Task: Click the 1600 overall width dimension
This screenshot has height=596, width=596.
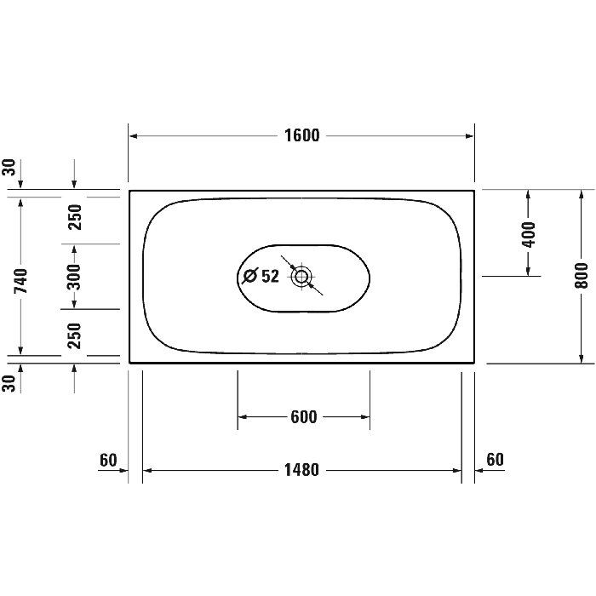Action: click(302, 135)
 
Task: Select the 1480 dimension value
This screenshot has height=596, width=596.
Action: click(301, 470)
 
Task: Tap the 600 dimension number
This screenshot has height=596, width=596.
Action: click(304, 417)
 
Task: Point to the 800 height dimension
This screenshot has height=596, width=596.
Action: click(581, 275)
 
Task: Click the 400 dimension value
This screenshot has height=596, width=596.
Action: click(529, 234)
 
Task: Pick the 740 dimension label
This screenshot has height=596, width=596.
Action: click(21, 280)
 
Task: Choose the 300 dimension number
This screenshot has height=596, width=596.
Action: click(74, 277)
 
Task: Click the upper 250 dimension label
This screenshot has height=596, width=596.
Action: click(75, 217)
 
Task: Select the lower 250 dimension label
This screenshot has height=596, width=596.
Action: click(75, 335)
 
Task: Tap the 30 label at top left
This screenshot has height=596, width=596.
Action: click(9, 167)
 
